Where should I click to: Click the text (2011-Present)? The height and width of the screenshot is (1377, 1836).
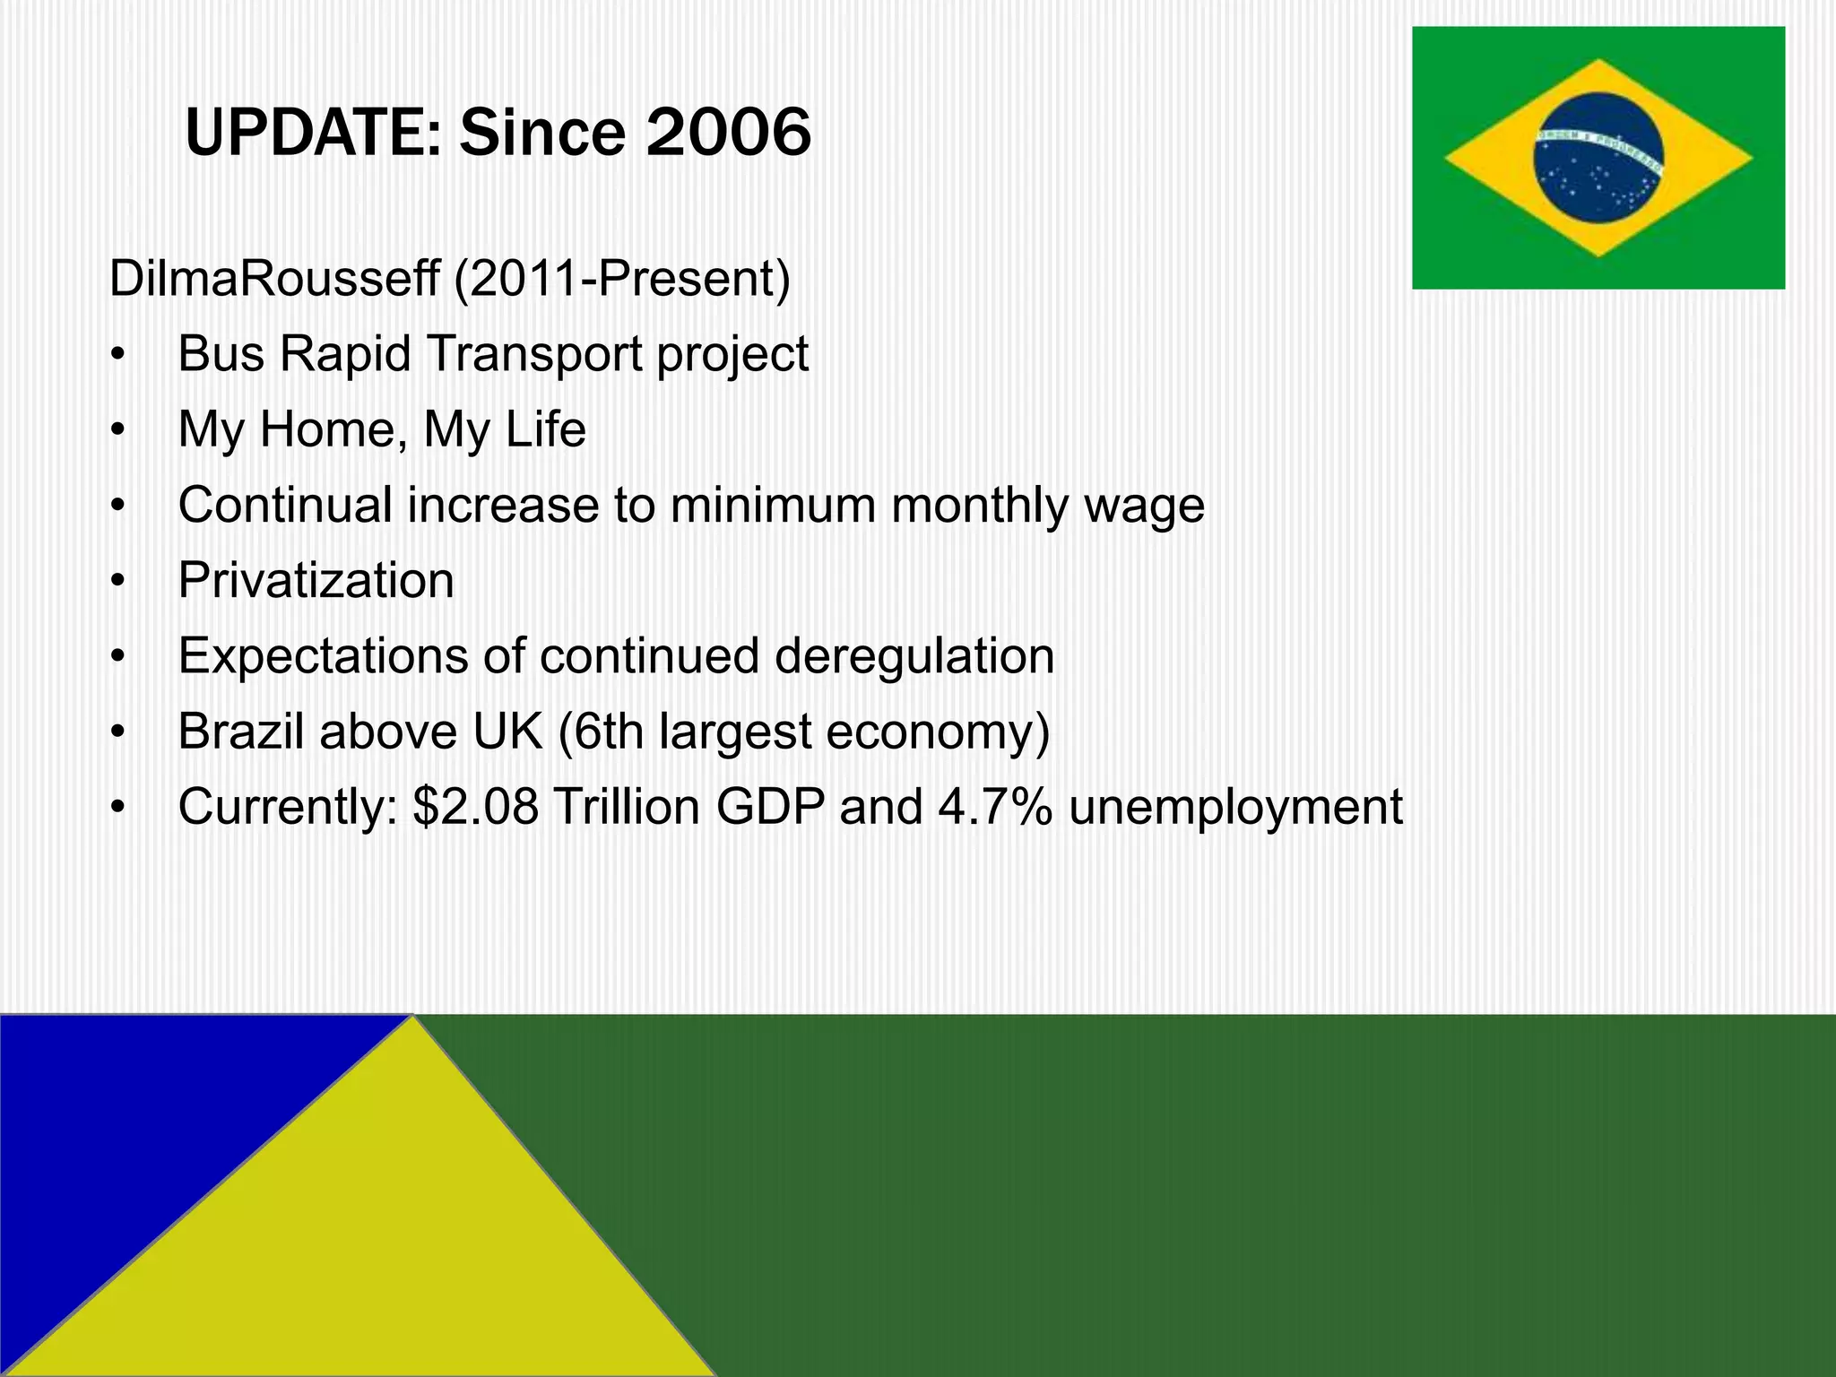click(622, 280)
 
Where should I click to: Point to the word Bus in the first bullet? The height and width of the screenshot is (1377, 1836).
click(221, 354)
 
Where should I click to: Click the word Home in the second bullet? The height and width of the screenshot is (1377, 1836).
click(327, 429)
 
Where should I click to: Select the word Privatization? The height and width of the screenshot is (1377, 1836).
click(316, 581)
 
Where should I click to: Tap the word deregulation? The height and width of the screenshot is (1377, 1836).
click(914, 656)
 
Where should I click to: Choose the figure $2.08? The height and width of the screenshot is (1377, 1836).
click(475, 807)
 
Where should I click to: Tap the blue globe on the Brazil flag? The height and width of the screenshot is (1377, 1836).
click(1598, 158)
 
